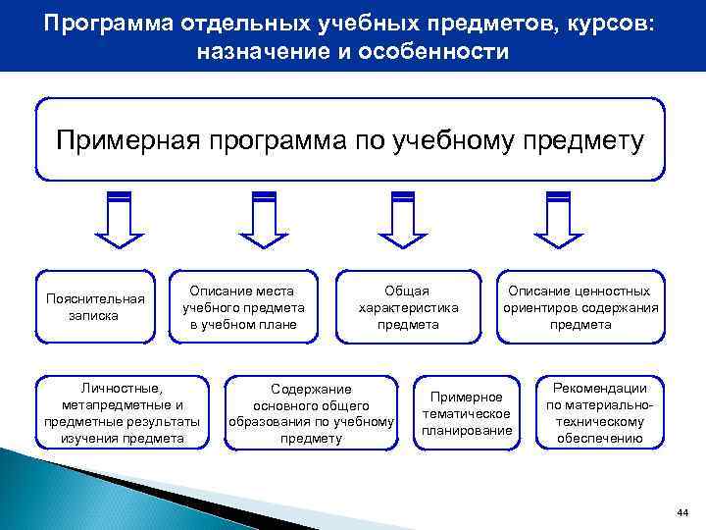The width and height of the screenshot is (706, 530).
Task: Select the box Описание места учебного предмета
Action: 241,307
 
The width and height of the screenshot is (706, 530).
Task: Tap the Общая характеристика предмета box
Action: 408,307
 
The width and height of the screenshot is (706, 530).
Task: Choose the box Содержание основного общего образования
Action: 311,413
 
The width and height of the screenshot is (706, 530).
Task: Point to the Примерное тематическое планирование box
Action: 467,413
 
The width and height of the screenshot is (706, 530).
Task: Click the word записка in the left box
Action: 93,316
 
